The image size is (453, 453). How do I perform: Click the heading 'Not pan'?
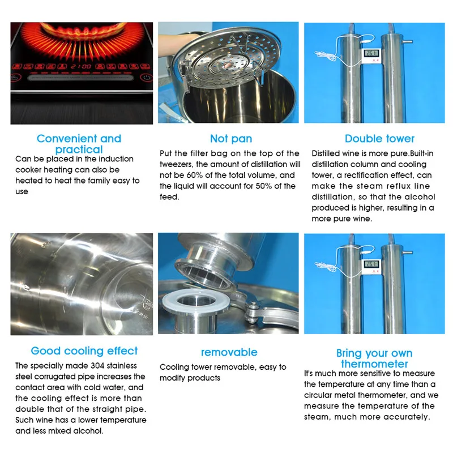coord(231,139)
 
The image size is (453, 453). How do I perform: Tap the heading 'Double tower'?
coord(379,139)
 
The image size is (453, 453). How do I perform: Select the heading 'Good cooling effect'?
coord(84,351)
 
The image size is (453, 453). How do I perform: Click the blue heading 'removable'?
coord(229,352)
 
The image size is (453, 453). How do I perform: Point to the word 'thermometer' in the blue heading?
coord(374,364)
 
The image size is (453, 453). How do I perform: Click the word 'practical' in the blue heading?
coord(79,149)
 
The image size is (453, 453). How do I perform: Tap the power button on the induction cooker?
coord(147,78)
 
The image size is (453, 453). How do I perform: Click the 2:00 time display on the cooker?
coord(81,67)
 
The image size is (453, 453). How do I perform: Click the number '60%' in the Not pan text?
coord(192,175)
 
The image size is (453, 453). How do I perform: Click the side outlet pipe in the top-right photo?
coord(408,42)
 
